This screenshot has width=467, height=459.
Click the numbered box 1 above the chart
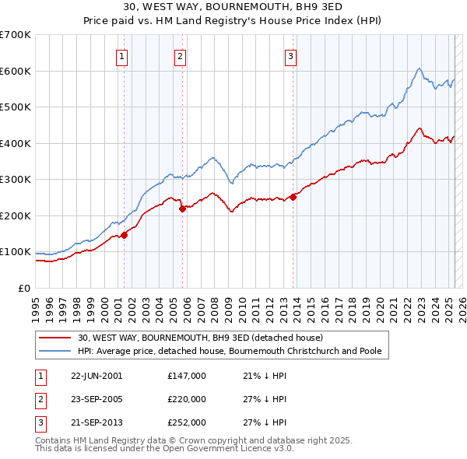pos(123,55)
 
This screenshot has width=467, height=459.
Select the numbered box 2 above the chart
pos(181,55)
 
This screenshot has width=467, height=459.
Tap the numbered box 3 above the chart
pos(290,55)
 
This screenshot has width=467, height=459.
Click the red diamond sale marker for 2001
pos(124,235)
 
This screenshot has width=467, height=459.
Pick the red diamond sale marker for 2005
pos(182,208)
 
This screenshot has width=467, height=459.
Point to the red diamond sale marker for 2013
pos(293,197)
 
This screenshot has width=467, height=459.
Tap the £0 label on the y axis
pos(24,288)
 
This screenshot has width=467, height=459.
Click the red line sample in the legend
pos(55,338)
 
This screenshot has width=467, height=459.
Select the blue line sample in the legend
pos(55,351)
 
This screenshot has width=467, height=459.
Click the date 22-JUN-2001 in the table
pos(97,375)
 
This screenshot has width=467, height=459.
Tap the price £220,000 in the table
pos(187,399)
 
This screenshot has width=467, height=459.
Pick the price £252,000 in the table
pos(187,423)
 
